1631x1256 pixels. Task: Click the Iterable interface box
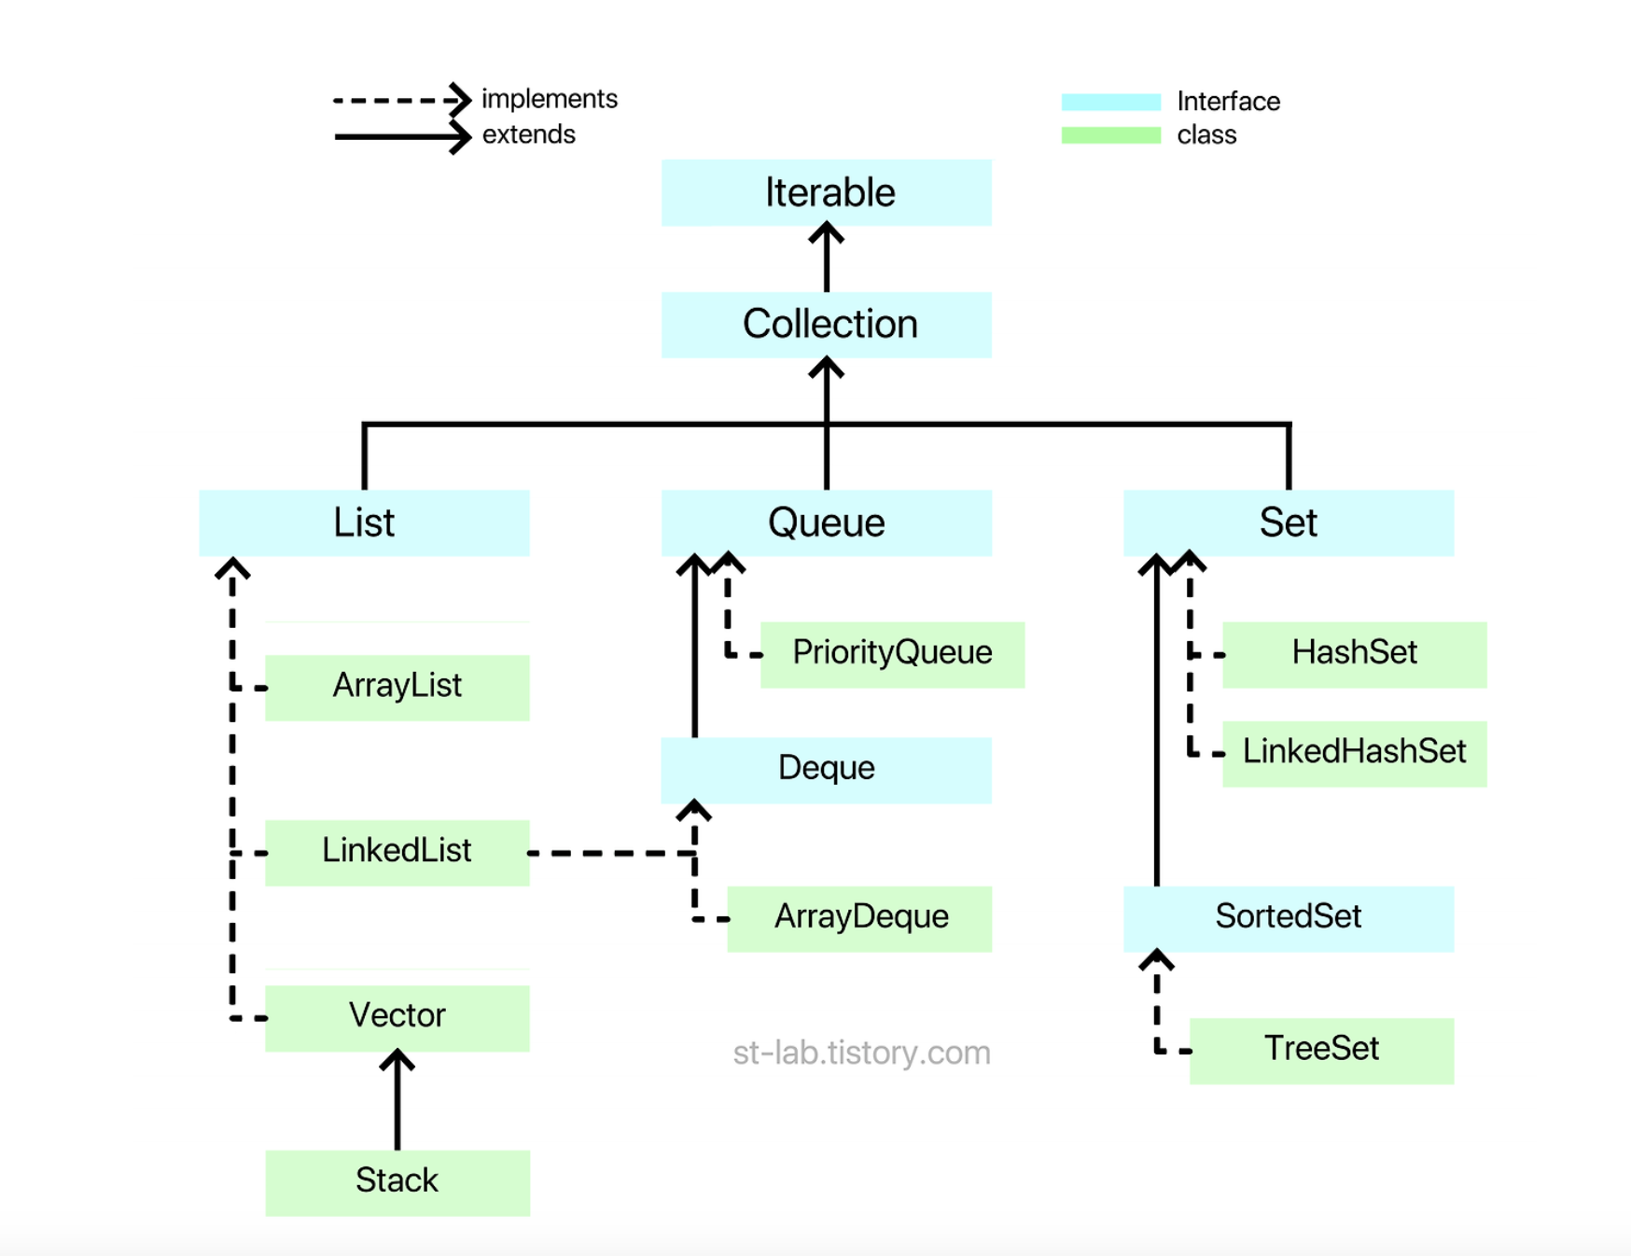click(x=827, y=192)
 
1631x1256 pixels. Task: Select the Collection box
click(x=827, y=325)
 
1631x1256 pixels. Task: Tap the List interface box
click(x=364, y=523)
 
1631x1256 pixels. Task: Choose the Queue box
click(x=827, y=523)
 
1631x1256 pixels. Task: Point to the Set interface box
click(x=1288, y=523)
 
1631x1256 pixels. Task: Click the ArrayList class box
click(x=397, y=687)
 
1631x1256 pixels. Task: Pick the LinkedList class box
click(x=397, y=852)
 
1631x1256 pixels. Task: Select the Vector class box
click(x=397, y=1017)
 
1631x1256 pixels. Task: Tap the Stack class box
click(x=397, y=1182)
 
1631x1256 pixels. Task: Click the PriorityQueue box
click(x=892, y=654)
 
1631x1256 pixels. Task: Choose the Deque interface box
click(x=827, y=769)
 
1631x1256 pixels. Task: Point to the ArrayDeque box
click(x=859, y=918)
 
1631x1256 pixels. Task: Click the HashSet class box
click(x=1354, y=654)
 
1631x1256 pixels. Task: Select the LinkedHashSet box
click(x=1354, y=753)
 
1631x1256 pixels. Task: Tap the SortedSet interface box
click(x=1288, y=918)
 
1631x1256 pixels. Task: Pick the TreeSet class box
click(x=1321, y=1050)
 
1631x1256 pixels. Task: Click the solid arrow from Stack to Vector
click(x=397, y=1101)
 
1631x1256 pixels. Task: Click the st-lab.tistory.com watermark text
click(x=861, y=1053)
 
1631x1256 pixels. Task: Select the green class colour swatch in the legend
click(x=1110, y=135)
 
